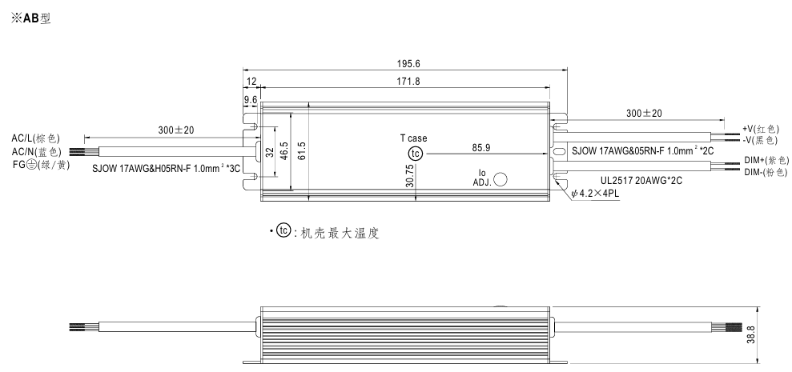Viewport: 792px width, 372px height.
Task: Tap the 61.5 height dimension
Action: tap(300, 150)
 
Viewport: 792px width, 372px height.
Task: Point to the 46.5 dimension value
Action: tap(283, 150)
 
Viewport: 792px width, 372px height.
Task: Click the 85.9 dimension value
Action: tap(481, 147)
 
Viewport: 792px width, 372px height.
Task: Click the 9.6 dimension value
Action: tap(251, 99)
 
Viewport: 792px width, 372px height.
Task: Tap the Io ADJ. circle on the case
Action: tap(501, 179)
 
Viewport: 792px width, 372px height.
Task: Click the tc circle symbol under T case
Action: tap(415, 154)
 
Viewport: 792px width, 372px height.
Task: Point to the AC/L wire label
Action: tap(35, 138)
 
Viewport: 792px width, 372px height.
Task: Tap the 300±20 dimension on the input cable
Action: tap(176, 130)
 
